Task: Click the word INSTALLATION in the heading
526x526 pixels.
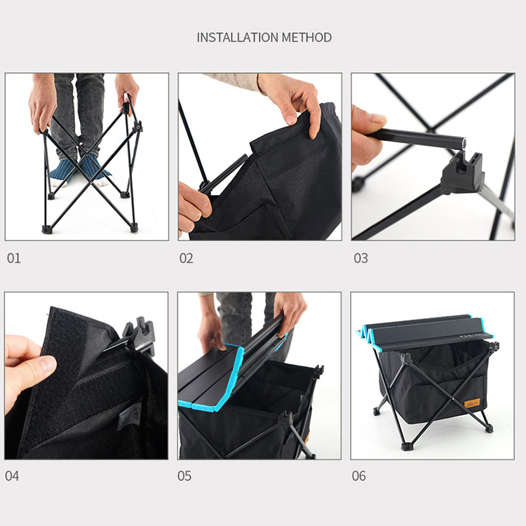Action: click(x=238, y=37)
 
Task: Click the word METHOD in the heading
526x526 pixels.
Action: click(x=306, y=37)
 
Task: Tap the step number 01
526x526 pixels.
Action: click(x=14, y=258)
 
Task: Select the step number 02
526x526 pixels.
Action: click(x=186, y=258)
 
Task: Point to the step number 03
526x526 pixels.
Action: click(x=360, y=258)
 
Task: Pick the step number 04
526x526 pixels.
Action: click(x=12, y=476)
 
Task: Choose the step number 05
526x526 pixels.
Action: click(x=184, y=476)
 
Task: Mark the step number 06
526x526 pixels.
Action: click(x=358, y=476)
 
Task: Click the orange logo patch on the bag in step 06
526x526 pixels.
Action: click(x=472, y=403)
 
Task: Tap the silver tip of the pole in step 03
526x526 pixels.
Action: click(x=464, y=142)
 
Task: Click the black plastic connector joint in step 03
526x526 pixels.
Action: click(x=462, y=175)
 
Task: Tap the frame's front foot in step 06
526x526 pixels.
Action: click(x=406, y=447)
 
